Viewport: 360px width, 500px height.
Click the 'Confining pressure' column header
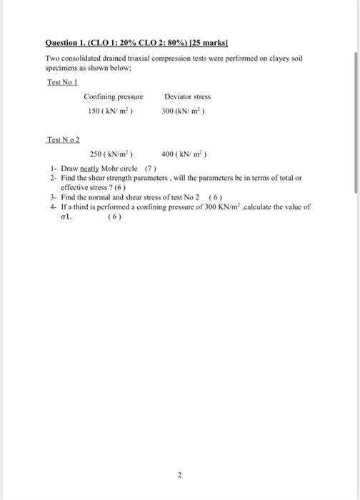[x=114, y=96]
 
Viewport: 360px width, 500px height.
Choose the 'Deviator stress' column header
[x=187, y=96]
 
